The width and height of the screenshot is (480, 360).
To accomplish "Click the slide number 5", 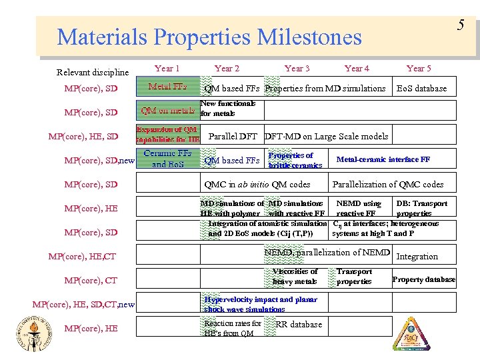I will pyautogui.click(x=460, y=25).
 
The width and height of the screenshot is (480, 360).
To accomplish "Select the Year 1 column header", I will pyautogui.click(x=167, y=68).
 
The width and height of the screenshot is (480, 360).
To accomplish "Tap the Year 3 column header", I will pyautogui.click(x=297, y=68).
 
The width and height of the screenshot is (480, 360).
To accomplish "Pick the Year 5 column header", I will pyautogui.click(x=419, y=68).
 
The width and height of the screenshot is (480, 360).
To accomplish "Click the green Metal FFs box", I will pyautogui.click(x=167, y=87).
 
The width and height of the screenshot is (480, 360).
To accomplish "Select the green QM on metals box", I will pyautogui.click(x=167, y=110).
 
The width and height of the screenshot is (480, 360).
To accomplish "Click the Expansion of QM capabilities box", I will pyautogui.click(x=167, y=134).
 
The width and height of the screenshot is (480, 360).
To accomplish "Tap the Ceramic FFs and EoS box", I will pyautogui.click(x=167, y=159).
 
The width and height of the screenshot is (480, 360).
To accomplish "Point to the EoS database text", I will pyautogui.click(x=421, y=89).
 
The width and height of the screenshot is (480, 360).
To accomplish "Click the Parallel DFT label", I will pyautogui.click(x=233, y=137).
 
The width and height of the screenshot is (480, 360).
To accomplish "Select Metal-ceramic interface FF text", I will pyautogui.click(x=383, y=160).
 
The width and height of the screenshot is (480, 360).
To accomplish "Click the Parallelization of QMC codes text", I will pyautogui.click(x=388, y=185).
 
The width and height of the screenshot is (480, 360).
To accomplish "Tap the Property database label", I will pyautogui.click(x=424, y=279).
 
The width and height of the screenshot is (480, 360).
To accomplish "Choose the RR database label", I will pyautogui.click(x=299, y=325).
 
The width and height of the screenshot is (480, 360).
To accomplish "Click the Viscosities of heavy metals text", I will pyautogui.click(x=295, y=276).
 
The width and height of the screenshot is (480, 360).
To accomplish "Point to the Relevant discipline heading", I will pyautogui.click(x=93, y=72).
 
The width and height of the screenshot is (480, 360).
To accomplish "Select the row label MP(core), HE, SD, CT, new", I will pyautogui.click(x=83, y=305).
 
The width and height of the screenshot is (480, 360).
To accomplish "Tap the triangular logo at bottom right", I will pyautogui.click(x=411, y=333).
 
